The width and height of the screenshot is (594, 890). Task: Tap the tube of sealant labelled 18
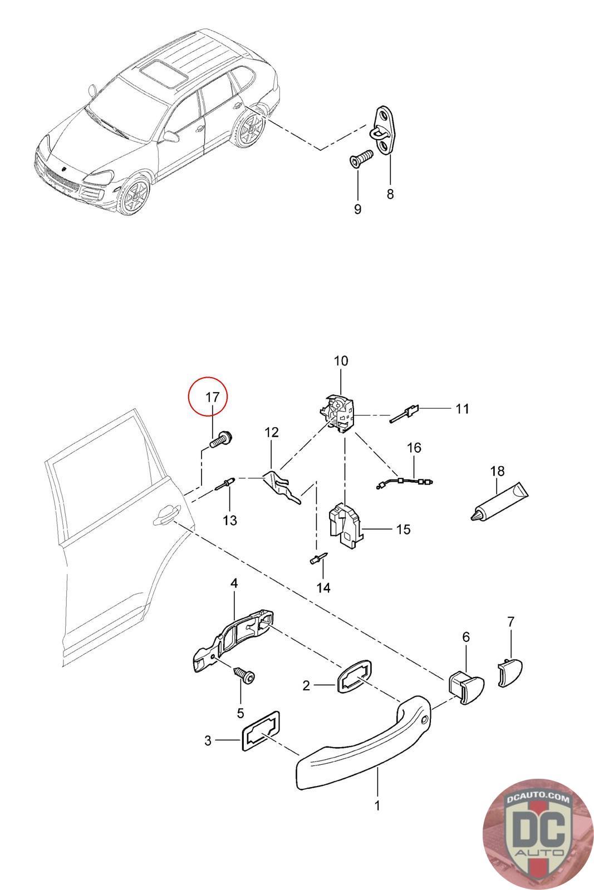pyautogui.click(x=499, y=502)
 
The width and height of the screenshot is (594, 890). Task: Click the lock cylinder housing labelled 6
pyautogui.click(x=465, y=688)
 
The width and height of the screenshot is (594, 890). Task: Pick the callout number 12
pyautogui.click(x=271, y=432)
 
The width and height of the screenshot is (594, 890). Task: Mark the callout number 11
pyautogui.click(x=462, y=409)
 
